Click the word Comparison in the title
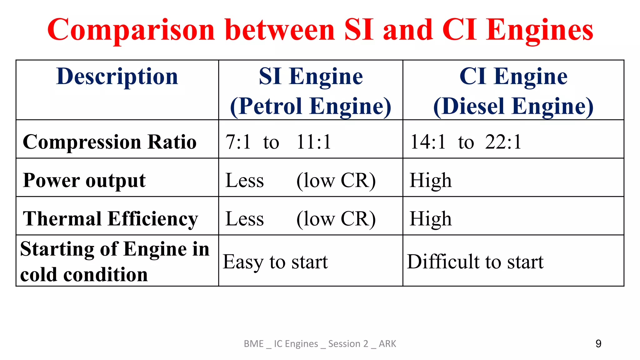131,30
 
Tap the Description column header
117,77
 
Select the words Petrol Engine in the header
311,106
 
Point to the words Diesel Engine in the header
513,106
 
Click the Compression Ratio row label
110,142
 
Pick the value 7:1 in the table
238,142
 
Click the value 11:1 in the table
314,142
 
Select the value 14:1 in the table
428,142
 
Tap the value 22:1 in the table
503,142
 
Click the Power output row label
84,181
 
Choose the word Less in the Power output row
245,181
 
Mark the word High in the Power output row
431,181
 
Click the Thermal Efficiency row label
111,219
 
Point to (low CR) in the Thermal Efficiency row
336,219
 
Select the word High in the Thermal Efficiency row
431,219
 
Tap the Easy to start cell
275,262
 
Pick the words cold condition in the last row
84,275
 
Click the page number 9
598,344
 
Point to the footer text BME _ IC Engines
281,344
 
